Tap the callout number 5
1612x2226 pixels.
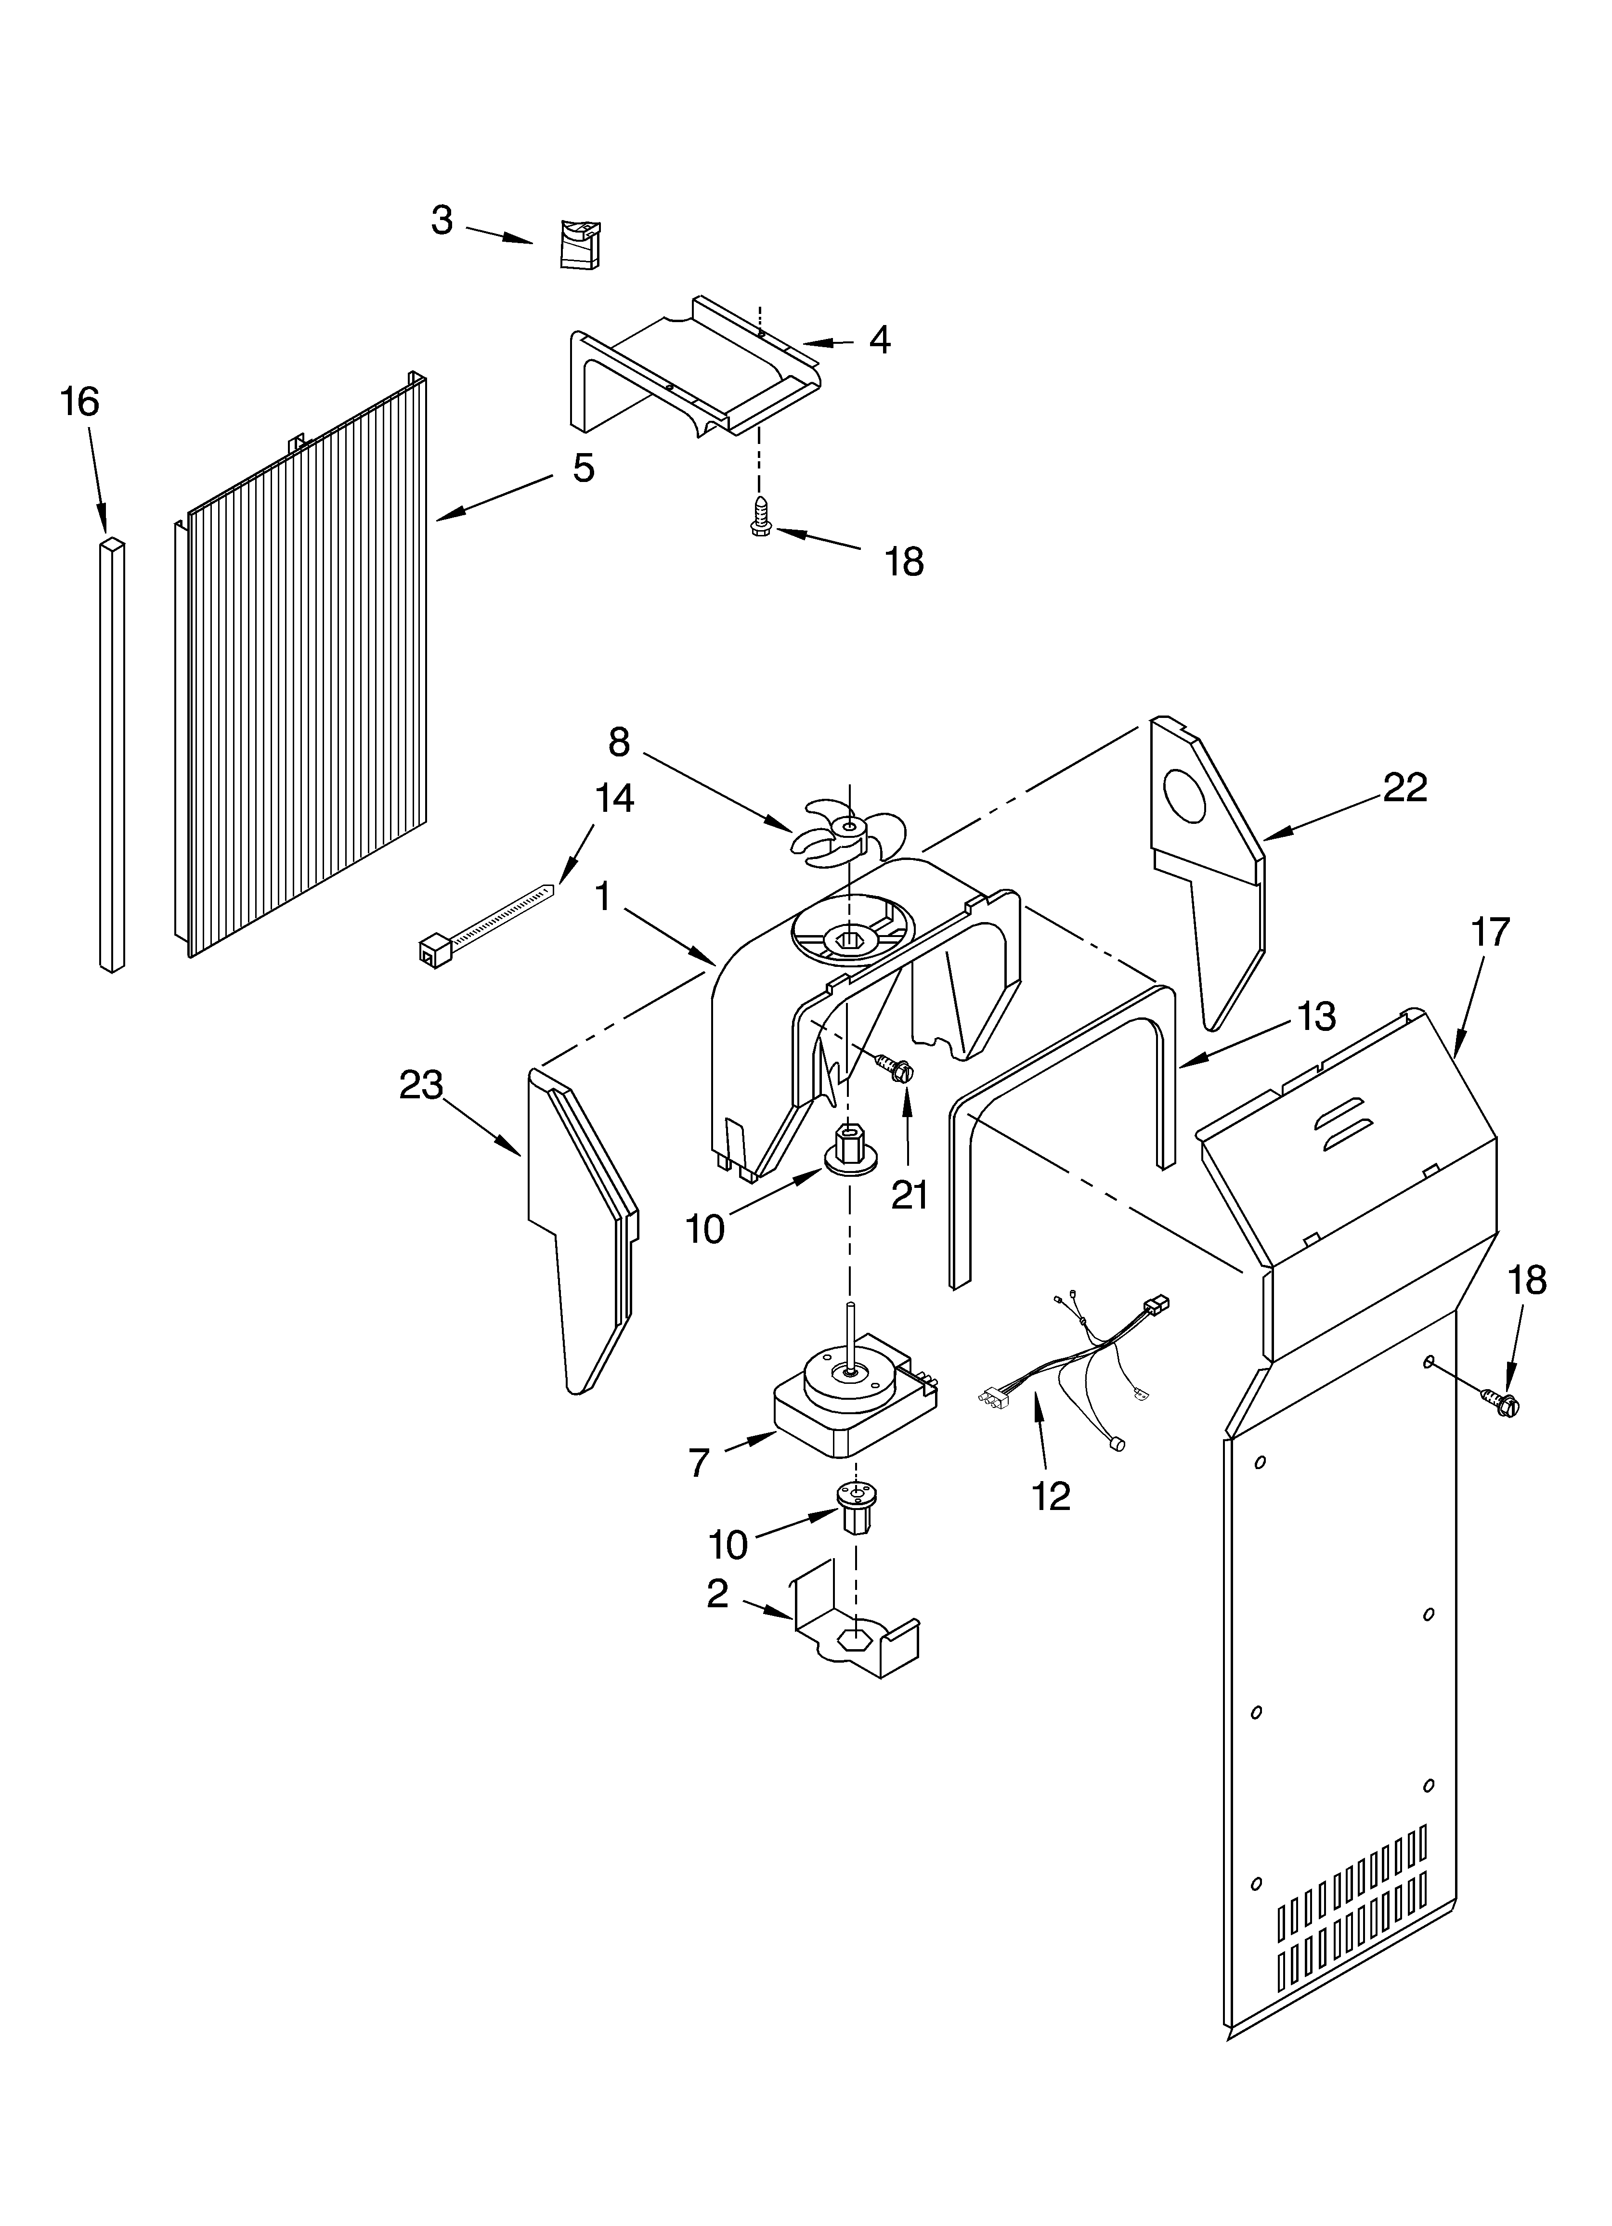(583, 468)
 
